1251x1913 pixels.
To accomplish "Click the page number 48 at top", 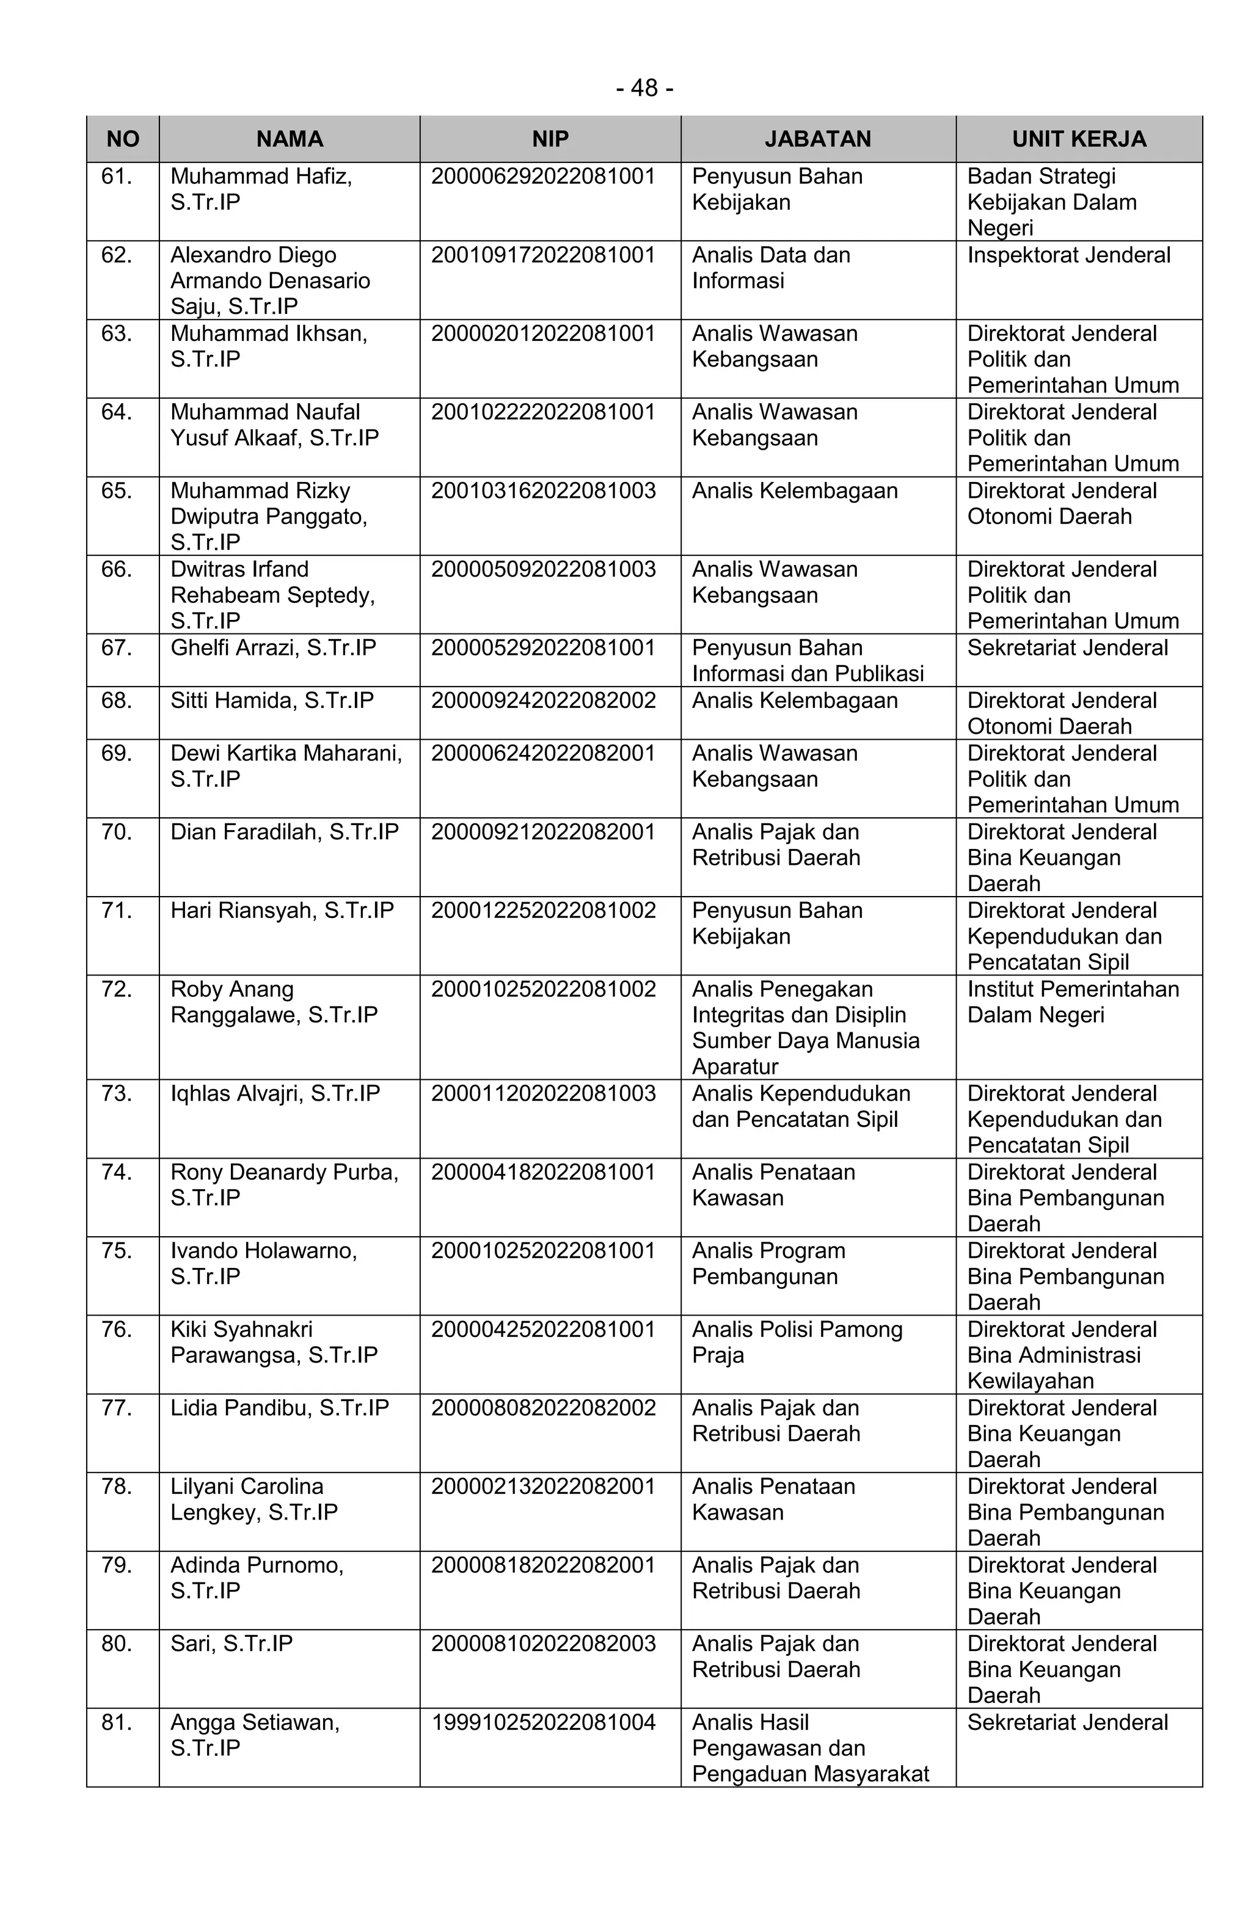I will (644, 87).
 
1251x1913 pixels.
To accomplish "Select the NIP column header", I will (550, 139).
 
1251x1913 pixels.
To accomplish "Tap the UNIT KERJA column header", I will (1078, 139).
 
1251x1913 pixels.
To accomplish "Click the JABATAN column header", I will (818, 139).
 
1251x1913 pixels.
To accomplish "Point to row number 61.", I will (117, 176).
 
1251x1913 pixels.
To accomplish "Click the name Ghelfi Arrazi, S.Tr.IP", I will (274, 648).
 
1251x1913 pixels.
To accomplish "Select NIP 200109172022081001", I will (544, 255).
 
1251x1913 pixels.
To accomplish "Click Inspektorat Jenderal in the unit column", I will (1068, 255).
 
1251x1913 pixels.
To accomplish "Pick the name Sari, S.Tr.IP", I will (232, 1644).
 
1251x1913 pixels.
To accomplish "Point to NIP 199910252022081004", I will (544, 1722).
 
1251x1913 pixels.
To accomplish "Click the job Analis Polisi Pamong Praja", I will (797, 1343).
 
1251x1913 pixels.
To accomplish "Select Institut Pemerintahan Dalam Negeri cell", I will (1073, 1002).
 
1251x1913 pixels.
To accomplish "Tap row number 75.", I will (117, 1251).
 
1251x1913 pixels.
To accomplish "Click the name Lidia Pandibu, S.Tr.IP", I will (280, 1408).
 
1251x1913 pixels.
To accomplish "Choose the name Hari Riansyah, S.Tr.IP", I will (282, 911).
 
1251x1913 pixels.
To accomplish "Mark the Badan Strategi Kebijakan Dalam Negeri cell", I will (1052, 202).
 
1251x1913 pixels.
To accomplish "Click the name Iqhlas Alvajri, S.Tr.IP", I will (275, 1093).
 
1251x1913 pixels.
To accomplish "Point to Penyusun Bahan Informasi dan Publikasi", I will (807, 661).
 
